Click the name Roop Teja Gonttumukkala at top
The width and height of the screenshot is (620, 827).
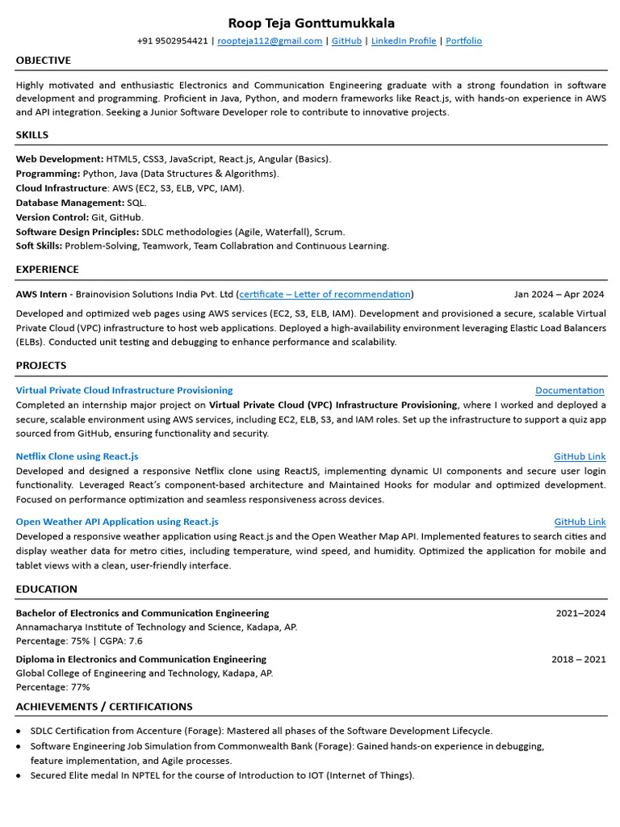pyautogui.click(x=312, y=23)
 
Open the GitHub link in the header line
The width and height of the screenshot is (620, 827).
pyautogui.click(x=346, y=40)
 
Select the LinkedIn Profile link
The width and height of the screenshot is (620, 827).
pyautogui.click(x=404, y=40)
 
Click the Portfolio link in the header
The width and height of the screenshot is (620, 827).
pyautogui.click(x=463, y=40)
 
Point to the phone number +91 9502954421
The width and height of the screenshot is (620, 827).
pyautogui.click(x=173, y=40)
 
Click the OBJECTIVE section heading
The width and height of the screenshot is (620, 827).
pyautogui.click(x=44, y=61)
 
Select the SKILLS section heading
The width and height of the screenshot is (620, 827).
pyautogui.click(x=32, y=135)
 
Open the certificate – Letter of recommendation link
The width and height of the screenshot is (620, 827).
pyautogui.click(x=325, y=294)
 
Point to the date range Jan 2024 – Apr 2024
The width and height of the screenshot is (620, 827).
pyautogui.click(x=559, y=294)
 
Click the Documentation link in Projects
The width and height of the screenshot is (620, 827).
pyautogui.click(x=569, y=390)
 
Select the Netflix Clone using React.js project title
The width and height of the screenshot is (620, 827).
pyautogui.click(x=77, y=456)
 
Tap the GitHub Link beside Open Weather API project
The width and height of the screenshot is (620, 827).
pyautogui.click(x=580, y=522)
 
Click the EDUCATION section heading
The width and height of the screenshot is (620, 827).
pyautogui.click(x=47, y=589)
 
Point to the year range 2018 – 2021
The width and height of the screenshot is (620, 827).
pyautogui.click(x=578, y=659)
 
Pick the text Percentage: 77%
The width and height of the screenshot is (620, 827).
pyautogui.click(x=53, y=687)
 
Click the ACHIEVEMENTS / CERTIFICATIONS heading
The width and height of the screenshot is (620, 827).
pyautogui.click(x=104, y=707)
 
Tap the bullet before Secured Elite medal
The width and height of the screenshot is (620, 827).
pyautogui.click(x=19, y=775)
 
